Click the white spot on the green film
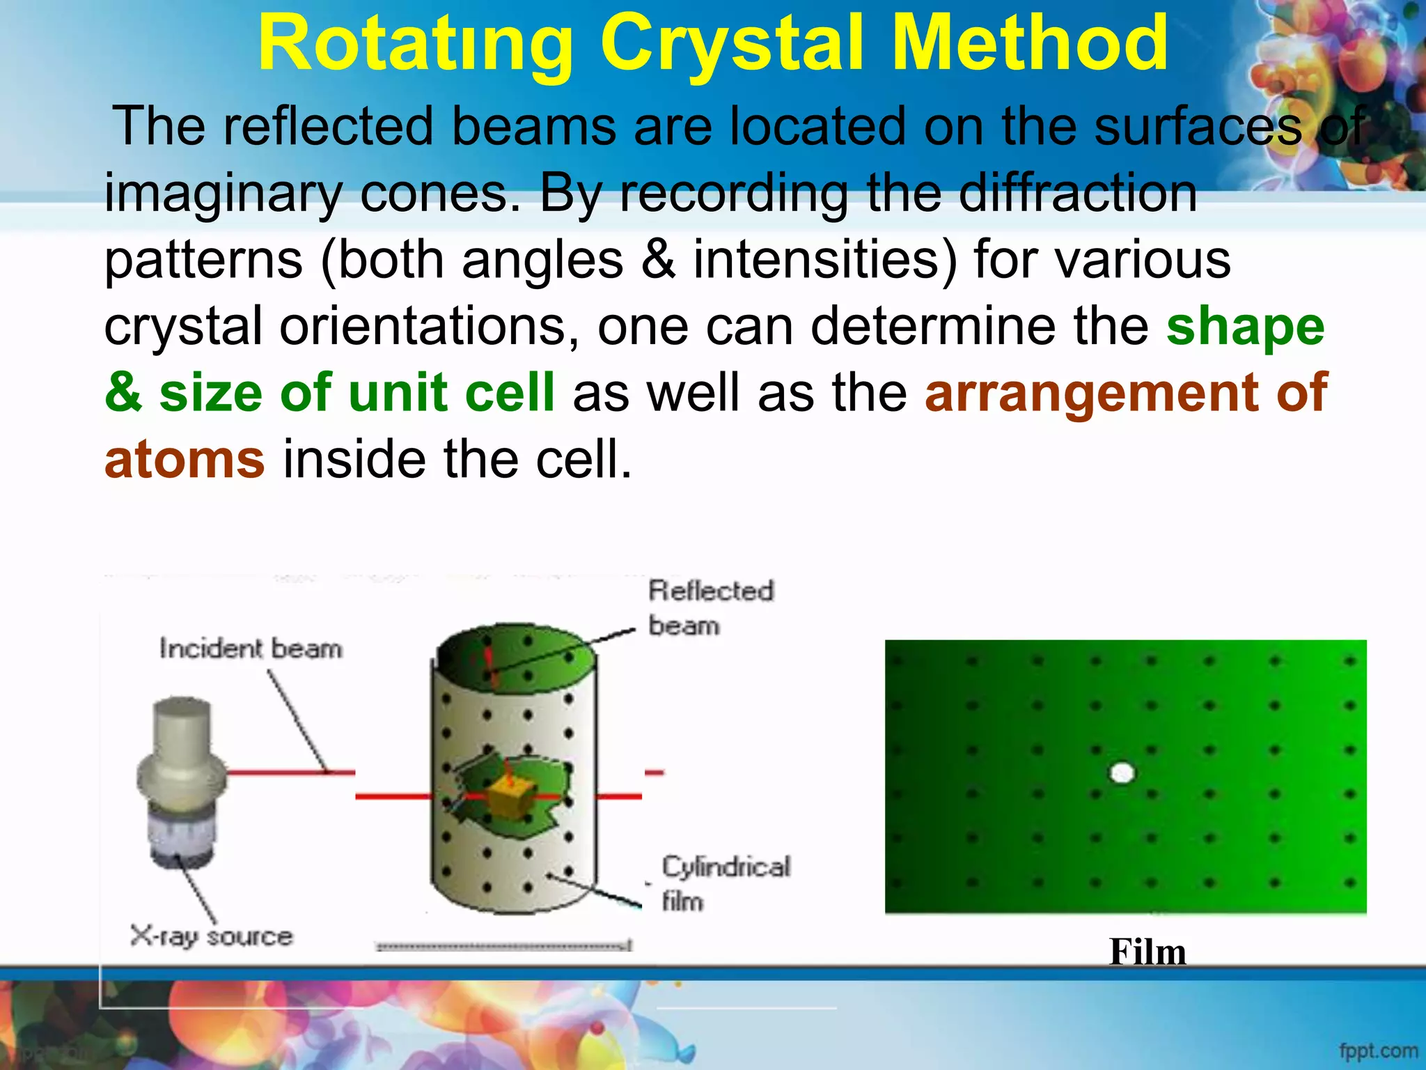pos(1122,773)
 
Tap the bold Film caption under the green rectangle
pos(1147,952)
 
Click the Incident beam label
pos(251,649)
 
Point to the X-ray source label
pos(211,936)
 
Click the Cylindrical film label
pos(726,883)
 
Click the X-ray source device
pos(181,780)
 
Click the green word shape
pos(1245,327)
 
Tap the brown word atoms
pos(185,460)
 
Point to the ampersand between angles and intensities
pos(658,260)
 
